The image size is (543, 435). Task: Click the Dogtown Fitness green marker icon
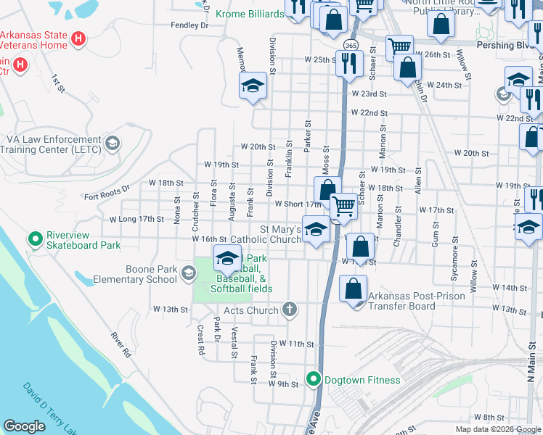[314, 379]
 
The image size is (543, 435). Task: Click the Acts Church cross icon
[290, 310]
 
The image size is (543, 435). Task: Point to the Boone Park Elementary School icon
[189, 273]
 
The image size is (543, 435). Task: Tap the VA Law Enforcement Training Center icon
[112, 143]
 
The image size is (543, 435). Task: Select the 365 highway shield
[351, 45]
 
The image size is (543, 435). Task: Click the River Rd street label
[121, 345]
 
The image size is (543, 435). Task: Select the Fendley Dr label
[189, 25]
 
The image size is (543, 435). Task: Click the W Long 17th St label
[137, 218]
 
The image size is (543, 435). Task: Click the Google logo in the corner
[24, 426]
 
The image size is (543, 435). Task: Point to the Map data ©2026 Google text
[497, 429]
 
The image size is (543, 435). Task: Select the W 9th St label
[283, 384]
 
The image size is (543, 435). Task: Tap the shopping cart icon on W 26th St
[399, 49]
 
